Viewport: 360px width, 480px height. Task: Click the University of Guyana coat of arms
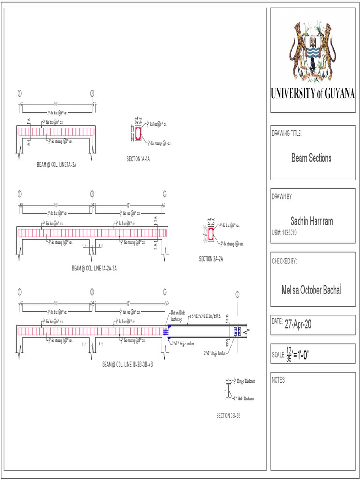pos(313,50)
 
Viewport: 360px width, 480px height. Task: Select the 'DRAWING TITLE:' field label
pos(287,134)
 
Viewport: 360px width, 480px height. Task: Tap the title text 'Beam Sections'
pos(311,158)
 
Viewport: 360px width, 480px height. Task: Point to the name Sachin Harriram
pos(312,221)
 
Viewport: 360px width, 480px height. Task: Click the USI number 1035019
pos(288,232)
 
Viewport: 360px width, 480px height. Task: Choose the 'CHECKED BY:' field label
pos(285,262)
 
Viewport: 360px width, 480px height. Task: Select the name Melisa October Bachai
pos(311,290)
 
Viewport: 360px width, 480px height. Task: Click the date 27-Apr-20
pos(298,324)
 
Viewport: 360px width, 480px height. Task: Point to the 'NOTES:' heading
pos(279,380)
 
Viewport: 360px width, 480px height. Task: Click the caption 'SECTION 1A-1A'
pos(138,159)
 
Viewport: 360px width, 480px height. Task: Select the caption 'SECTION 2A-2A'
pos(211,259)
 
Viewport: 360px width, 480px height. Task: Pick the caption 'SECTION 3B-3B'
pos(228,416)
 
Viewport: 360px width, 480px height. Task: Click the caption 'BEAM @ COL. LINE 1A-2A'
pos(57,165)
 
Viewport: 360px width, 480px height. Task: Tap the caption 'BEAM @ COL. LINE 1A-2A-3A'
pos(94,269)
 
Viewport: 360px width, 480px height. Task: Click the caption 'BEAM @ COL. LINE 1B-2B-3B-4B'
pos(128,364)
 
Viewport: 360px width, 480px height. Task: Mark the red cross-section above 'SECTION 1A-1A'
pos(138,134)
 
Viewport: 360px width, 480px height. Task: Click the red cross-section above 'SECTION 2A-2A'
pos(211,234)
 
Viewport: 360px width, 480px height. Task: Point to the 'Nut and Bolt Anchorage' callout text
pos(176,316)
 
